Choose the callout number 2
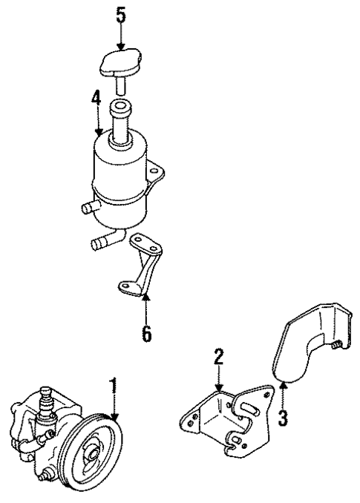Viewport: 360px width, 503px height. click(219, 358)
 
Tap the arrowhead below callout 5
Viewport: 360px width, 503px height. click(121, 46)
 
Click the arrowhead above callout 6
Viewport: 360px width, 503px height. click(146, 299)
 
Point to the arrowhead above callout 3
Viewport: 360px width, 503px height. click(282, 384)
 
